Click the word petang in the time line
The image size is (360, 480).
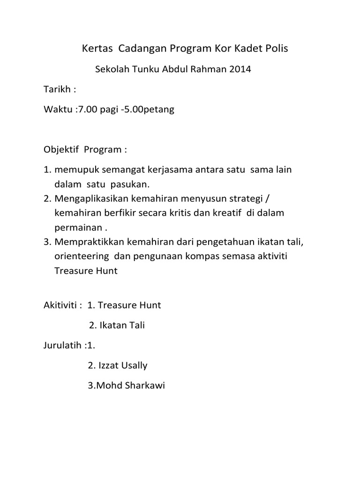pyautogui.click(x=159, y=110)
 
